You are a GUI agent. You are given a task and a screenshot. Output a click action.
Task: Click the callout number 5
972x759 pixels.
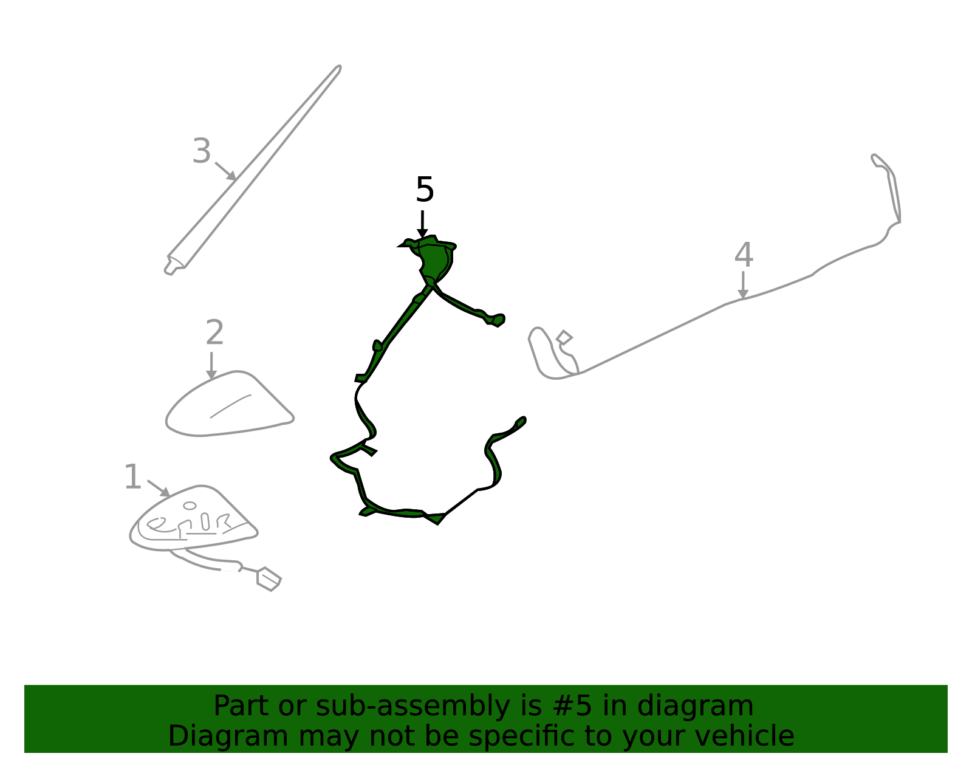click(425, 189)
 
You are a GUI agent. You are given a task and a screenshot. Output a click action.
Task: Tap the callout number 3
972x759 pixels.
click(202, 150)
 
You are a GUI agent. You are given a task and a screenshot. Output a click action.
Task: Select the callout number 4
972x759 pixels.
click(744, 255)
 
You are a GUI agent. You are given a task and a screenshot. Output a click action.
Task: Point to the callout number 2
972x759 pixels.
click(214, 332)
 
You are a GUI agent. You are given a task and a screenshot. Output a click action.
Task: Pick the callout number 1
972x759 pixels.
click(133, 477)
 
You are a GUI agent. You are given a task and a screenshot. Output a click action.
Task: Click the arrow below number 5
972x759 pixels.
click(422, 224)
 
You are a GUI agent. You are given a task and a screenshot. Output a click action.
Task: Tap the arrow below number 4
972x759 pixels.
click(743, 285)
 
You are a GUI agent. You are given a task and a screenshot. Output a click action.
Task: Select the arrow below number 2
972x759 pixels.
click(211, 365)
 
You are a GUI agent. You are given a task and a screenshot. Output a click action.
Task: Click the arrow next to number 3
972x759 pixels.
click(226, 171)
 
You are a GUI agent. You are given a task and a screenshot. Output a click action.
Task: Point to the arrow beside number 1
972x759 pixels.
click(159, 489)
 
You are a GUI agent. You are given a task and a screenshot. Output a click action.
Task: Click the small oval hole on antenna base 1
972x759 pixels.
click(190, 506)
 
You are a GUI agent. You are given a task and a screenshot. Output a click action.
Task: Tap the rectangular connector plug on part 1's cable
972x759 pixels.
click(269, 579)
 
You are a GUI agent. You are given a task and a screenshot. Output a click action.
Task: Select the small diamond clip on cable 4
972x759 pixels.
click(564, 338)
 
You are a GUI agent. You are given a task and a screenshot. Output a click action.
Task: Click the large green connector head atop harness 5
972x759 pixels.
click(432, 259)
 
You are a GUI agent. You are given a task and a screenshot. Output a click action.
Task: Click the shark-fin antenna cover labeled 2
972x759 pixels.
click(229, 404)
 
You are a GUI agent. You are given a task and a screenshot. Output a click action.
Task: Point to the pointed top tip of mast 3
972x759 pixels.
click(339, 67)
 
